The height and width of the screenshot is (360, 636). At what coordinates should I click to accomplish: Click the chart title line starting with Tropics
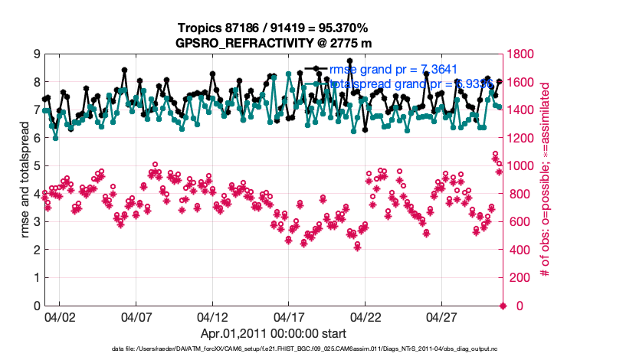point(273,28)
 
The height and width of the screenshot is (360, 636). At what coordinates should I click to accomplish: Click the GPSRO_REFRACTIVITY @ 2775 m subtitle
point(273,42)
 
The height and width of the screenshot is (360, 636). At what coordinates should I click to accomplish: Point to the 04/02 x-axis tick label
point(60,316)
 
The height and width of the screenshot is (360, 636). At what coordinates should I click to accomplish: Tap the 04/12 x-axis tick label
point(213,316)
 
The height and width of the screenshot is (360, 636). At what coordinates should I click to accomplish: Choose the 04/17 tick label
point(290,316)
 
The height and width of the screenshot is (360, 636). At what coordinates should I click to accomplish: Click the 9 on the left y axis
point(36,54)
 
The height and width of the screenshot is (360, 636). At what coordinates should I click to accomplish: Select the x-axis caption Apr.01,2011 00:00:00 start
point(273,333)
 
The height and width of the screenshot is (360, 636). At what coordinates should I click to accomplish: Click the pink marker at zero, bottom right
point(503,306)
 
